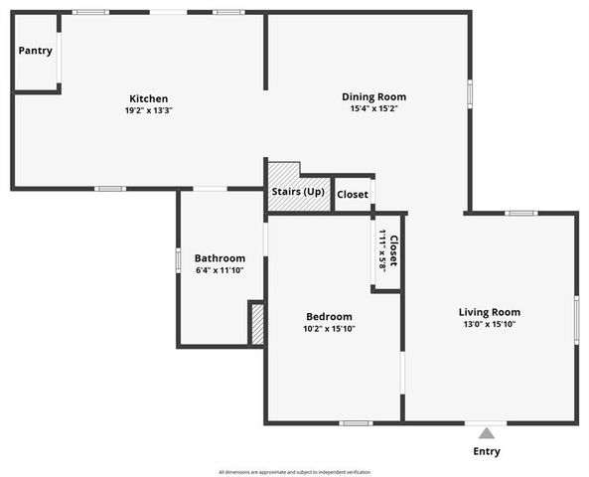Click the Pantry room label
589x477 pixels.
tap(35, 51)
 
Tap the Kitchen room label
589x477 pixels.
tap(148, 98)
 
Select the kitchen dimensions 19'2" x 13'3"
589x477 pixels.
tap(148, 110)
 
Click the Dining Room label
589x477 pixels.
tap(373, 96)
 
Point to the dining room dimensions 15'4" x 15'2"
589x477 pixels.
tap(373, 108)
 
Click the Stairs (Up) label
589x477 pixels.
tap(298, 191)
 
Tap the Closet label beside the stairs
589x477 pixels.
tap(352, 195)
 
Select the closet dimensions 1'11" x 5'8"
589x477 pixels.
tap(382, 249)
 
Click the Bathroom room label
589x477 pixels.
tap(220, 258)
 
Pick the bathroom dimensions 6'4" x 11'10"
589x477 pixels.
tap(220, 270)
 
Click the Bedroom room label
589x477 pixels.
tap(328, 316)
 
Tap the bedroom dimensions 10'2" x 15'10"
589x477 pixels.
tap(328, 328)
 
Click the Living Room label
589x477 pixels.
tap(491, 311)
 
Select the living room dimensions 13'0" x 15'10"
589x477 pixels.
tap(491, 324)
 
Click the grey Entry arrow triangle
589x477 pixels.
tap(486, 433)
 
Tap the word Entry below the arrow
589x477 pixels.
tap(487, 452)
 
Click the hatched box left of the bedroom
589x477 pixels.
tap(256, 324)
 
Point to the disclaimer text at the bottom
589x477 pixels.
tap(294, 471)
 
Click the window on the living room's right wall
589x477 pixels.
tap(576, 319)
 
